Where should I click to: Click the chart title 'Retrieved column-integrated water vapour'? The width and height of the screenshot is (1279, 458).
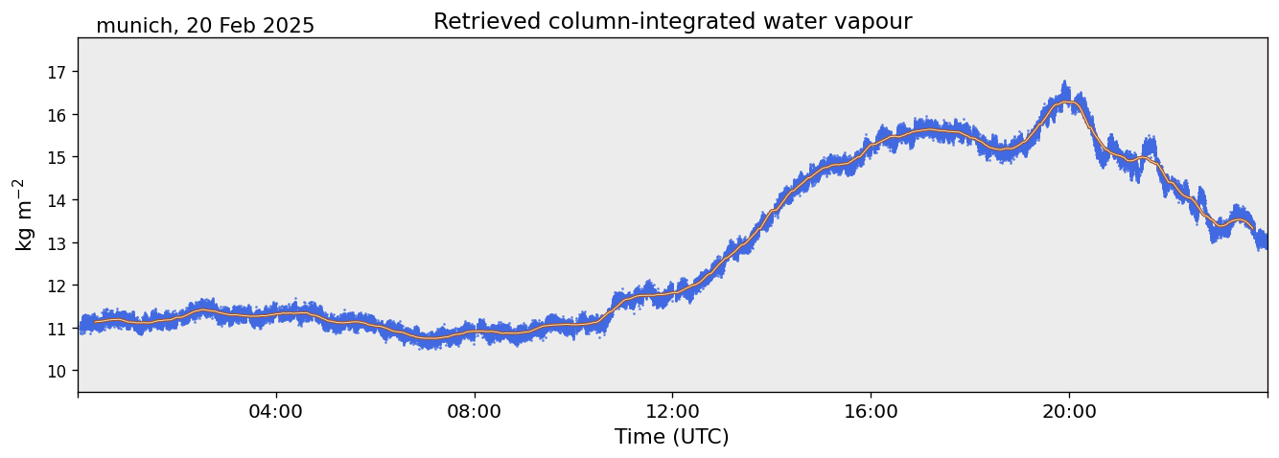point(672,21)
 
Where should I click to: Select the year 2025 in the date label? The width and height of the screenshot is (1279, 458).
point(287,26)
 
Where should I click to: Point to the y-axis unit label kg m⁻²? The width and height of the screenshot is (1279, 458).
point(24,215)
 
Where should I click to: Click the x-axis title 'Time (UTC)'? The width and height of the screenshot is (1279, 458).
point(671,437)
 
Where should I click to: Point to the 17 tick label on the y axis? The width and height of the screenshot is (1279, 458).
point(56,72)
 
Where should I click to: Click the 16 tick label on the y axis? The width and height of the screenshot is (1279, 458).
point(56,115)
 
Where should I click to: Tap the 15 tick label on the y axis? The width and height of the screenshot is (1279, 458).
point(56,157)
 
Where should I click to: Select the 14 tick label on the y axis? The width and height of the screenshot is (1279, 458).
point(56,200)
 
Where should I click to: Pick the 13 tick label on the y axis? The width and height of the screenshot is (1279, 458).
point(56,242)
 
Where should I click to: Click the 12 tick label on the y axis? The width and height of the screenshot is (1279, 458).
point(56,286)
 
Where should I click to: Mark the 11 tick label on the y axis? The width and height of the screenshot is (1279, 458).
point(56,329)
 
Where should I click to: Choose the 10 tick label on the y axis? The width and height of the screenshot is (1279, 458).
point(56,371)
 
